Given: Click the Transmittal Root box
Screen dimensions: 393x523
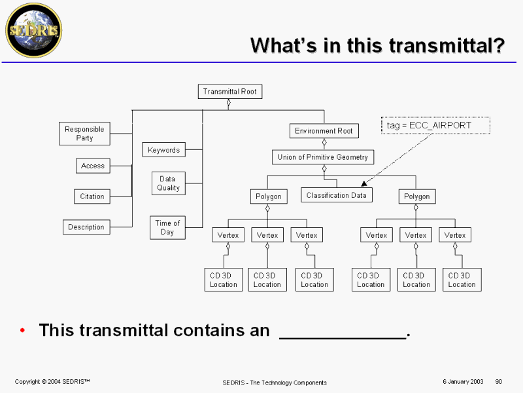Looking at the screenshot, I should tap(229, 92).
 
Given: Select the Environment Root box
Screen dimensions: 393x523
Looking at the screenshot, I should tap(324, 131).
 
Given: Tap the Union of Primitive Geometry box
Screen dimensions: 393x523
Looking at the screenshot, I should tap(323, 157).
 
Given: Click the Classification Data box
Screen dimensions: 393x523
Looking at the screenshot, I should tap(336, 195).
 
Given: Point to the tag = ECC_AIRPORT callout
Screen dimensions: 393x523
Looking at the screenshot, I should tap(435, 125).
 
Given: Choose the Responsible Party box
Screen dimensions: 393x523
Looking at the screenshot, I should tap(84, 134).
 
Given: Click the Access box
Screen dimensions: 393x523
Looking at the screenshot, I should tap(92, 166).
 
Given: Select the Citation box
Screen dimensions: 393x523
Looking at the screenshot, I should tap(92, 196).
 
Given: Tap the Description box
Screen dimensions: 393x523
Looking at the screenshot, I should tap(86, 227).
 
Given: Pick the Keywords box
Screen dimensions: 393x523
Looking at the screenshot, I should tap(163, 150).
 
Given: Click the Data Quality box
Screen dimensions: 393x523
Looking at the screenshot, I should tap(168, 183).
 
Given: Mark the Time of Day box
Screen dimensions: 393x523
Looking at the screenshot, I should tap(167, 227).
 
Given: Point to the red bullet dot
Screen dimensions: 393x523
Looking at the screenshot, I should tap(23, 330).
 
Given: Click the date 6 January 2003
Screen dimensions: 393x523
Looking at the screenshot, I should tap(462, 381).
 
